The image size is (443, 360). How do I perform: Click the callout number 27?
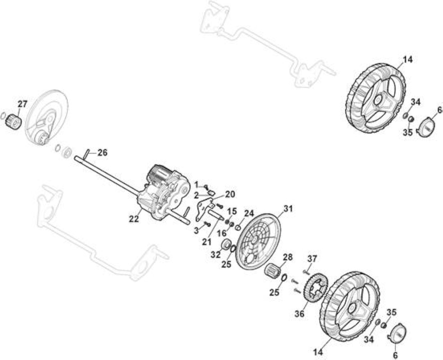(23, 104)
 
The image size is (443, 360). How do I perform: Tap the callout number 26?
(103, 153)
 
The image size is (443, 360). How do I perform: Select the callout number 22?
(134, 219)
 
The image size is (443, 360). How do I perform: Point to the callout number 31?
(288, 209)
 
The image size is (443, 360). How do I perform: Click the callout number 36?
(299, 313)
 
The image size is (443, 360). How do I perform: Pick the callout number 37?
(312, 259)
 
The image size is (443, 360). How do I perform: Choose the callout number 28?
(288, 257)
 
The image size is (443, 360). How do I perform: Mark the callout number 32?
(215, 255)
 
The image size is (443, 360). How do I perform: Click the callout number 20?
(230, 194)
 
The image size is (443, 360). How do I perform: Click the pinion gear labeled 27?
(14, 122)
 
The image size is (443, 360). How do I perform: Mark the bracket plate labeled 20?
(204, 209)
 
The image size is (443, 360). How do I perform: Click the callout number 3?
(197, 231)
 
